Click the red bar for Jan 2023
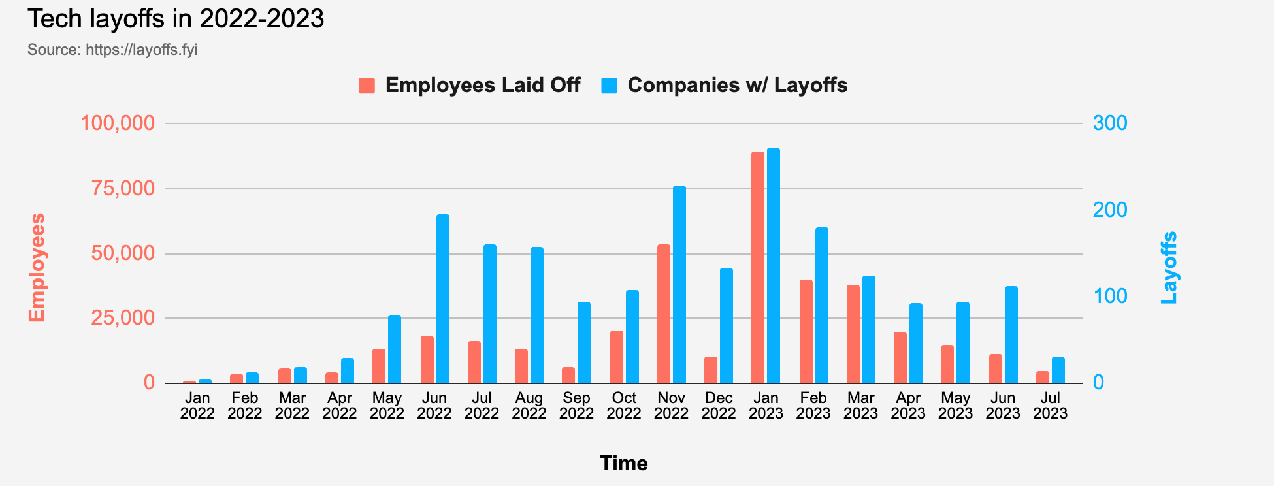point(758,268)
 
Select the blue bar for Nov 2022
point(679,285)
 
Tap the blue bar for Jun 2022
point(443,299)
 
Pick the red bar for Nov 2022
point(664,314)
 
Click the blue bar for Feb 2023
point(822,306)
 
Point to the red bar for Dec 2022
point(711,370)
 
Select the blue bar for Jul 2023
point(1058,370)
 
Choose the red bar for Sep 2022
point(568,376)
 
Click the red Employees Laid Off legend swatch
point(367,86)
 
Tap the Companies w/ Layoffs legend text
point(737,86)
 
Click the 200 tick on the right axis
point(1110,210)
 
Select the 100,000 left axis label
point(118,123)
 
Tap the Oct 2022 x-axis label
point(624,406)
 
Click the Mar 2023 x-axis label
point(860,406)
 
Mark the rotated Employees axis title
point(37,267)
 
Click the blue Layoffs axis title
point(1169,267)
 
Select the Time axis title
point(624,463)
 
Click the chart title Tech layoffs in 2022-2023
point(176,19)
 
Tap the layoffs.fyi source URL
point(142,50)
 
